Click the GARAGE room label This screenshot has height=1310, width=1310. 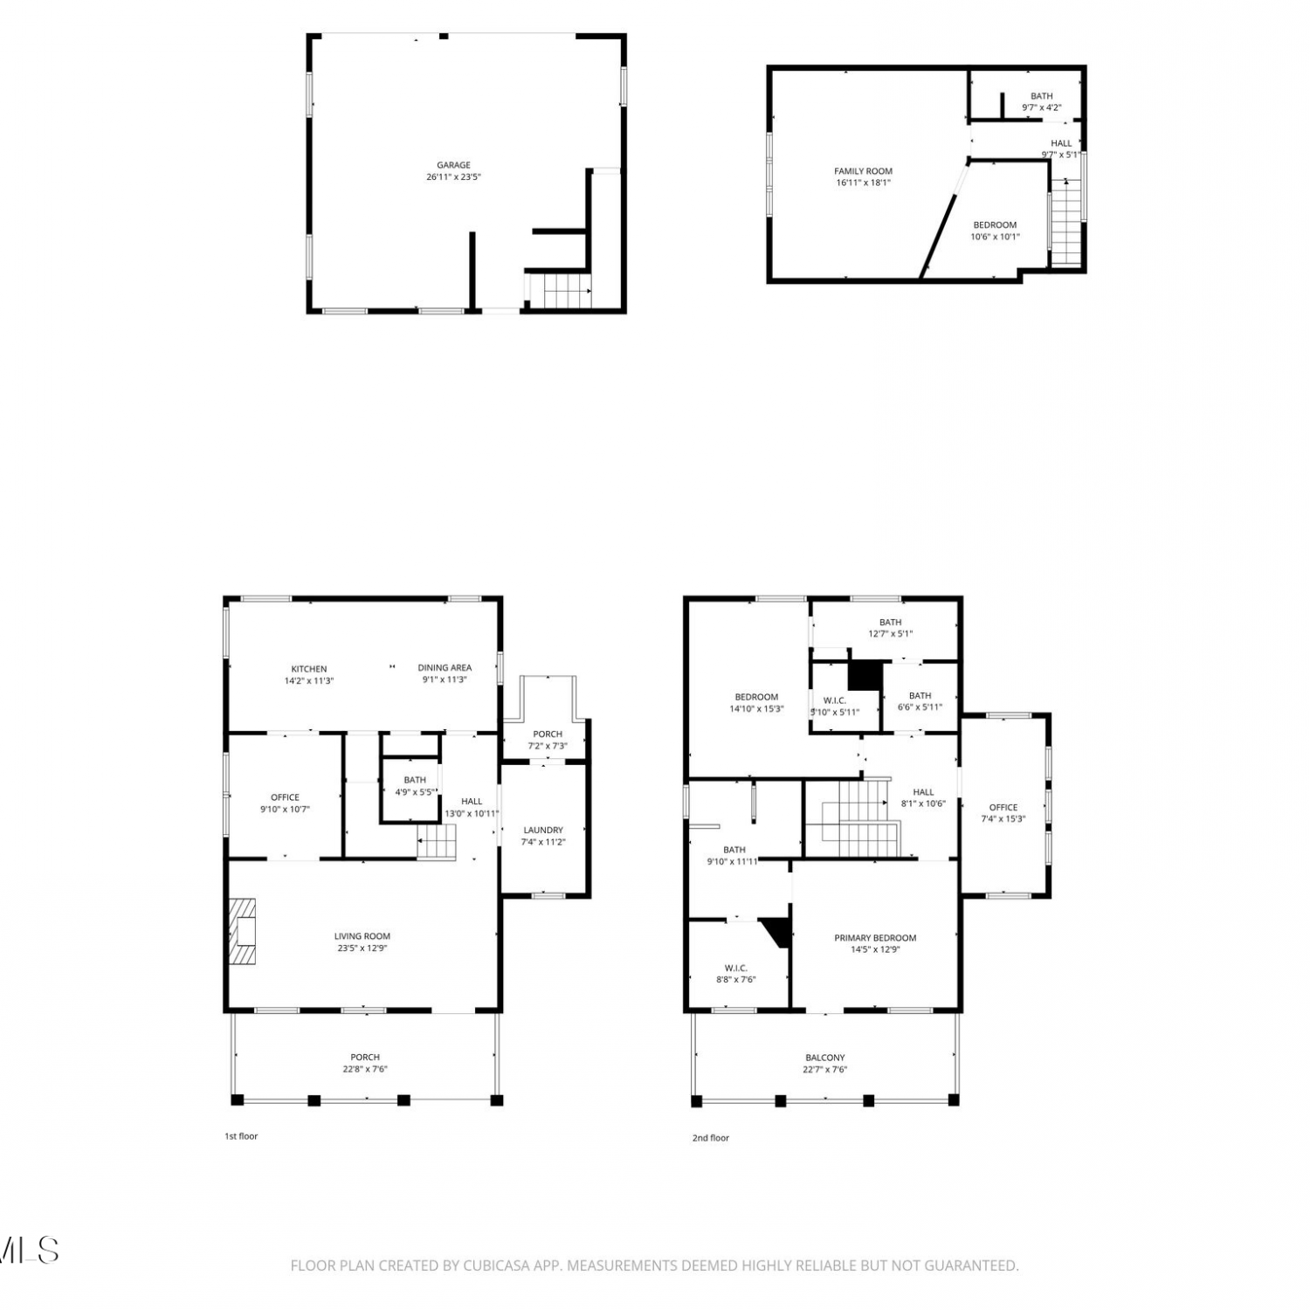coord(453,165)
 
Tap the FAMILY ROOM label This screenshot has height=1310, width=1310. coord(863,171)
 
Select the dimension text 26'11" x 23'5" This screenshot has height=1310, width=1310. coord(453,177)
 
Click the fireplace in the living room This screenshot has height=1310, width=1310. coord(243,931)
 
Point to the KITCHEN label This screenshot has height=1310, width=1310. coord(309,669)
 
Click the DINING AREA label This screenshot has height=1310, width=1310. coord(445,668)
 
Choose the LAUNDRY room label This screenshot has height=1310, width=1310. coord(543,830)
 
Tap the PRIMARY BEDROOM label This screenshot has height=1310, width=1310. coord(875,938)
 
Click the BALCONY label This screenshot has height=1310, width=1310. coord(825,1058)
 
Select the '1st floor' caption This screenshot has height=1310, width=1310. coord(241,1136)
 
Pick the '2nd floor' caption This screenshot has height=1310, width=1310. coord(711,1138)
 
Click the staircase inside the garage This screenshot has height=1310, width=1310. coord(560,290)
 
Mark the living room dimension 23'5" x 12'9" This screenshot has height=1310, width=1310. coord(362,948)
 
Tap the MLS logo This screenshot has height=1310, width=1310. coord(29,1250)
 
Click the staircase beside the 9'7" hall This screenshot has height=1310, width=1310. coord(1066,222)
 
